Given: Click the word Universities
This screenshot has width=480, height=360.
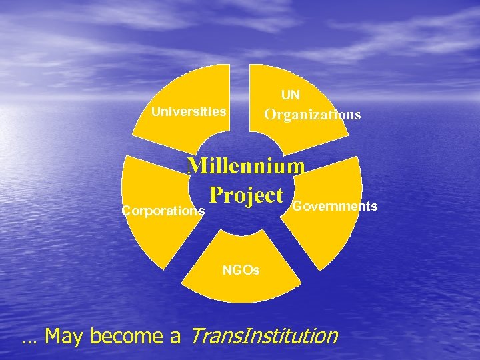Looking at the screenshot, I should (x=189, y=111).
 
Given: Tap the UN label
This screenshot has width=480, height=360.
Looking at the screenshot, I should (x=290, y=95).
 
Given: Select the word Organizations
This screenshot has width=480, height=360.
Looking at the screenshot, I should (x=312, y=115).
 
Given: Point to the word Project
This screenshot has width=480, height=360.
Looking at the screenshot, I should (x=246, y=195).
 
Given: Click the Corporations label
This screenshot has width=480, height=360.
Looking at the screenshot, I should (x=163, y=211).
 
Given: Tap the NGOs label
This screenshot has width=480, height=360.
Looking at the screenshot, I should (x=241, y=270).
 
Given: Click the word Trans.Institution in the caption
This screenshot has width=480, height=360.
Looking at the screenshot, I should (x=264, y=336).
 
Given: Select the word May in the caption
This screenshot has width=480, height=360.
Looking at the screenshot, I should (x=64, y=337).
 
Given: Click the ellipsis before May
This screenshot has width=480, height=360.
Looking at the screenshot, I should (x=29, y=341).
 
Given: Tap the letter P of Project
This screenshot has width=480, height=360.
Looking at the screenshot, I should (x=215, y=195).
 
